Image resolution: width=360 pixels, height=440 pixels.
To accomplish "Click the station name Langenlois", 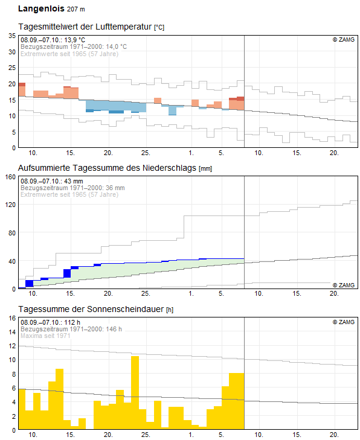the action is coord(41,8).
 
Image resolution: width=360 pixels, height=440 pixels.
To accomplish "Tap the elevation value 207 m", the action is coord(76,9).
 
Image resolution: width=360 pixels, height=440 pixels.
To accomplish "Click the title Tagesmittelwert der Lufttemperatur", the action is coord(85,27).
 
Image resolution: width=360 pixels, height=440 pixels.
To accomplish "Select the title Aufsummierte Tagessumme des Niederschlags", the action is coord(107,168).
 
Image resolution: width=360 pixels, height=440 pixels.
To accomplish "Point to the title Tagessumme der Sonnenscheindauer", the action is coord(91,309).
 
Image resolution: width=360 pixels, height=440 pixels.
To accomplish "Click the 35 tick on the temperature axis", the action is coord(12,36).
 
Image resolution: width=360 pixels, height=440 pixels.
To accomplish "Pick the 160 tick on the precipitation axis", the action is coord(10,177).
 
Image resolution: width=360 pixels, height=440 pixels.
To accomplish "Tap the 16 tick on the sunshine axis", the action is coord(12,318).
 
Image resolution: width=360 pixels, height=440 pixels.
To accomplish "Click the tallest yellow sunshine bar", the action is coord(135,392).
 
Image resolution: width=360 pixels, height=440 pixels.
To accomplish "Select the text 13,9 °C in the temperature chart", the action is coord(75,40).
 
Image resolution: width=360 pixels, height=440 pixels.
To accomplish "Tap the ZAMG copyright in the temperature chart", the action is coord(344,40).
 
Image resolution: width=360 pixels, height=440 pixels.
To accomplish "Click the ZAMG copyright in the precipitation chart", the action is coord(344,285).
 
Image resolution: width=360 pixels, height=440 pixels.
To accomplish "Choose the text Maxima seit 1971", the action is coord(45,336).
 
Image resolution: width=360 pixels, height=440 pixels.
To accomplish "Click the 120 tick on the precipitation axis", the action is coord(10,205).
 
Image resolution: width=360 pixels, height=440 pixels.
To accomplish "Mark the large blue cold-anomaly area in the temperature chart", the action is coord(116,106).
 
